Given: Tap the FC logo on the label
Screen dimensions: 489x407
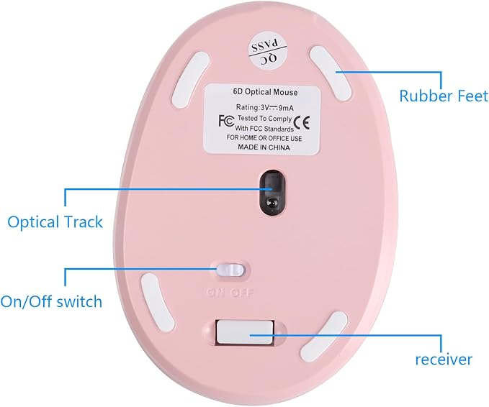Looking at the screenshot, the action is (x=226, y=121).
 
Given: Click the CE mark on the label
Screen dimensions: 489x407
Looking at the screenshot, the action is (x=302, y=122).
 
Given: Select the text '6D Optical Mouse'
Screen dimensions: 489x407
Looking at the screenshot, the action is (x=266, y=92).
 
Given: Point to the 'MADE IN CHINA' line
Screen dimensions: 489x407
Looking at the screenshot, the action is (x=264, y=147).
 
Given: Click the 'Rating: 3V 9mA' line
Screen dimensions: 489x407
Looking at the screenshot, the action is (x=264, y=108).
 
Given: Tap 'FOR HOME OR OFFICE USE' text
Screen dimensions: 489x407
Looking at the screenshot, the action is (x=264, y=138).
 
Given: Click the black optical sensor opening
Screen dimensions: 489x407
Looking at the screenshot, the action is (x=272, y=193).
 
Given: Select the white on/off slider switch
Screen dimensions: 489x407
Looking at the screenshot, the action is (x=230, y=270).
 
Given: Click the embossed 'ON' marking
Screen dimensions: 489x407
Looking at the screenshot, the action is (x=215, y=293).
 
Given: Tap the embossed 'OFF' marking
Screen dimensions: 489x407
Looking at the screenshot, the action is (x=242, y=293).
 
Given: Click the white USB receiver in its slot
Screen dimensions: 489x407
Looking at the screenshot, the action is (x=246, y=332).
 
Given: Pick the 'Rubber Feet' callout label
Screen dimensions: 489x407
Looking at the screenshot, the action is (x=444, y=96).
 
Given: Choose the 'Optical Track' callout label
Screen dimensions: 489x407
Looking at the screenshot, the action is (x=55, y=222).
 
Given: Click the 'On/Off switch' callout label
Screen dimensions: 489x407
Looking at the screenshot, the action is (x=51, y=301).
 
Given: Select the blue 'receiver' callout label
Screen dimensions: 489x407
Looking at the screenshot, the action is (x=444, y=359).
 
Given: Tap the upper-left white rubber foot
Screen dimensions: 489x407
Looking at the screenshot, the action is (x=190, y=80).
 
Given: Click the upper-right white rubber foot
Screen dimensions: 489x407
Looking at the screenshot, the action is (x=331, y=73).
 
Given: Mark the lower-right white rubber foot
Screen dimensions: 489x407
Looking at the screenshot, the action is (x=324, y=337).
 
